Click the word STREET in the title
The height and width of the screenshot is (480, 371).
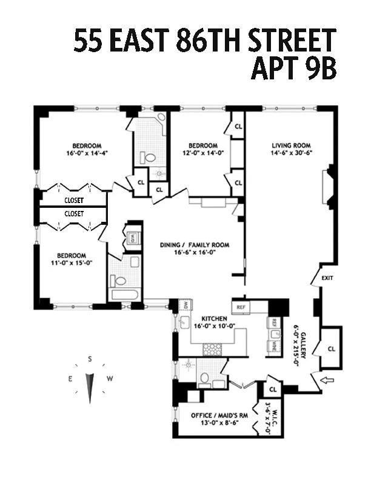pyautogui.click(x=289, y=42)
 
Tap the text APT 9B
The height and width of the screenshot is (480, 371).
pyautogui.click(x=293, y=68)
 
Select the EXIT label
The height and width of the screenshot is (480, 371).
pyautogui.click(x=327, y=278)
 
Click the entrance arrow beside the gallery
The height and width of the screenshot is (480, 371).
pyautogui.click(x=326, y=381)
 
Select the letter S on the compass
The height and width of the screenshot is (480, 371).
pyautogui.click(x=90, y=359)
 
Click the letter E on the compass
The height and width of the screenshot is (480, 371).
pyautogui.click(x=70, y=379)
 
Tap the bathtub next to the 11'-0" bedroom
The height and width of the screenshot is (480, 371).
pyautogui.click(x=124, y=295)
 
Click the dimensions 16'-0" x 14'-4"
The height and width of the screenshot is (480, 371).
pyautogui.click(x=87, y=154)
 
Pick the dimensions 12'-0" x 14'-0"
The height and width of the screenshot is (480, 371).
pyautogui.click(x=202, y=154)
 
